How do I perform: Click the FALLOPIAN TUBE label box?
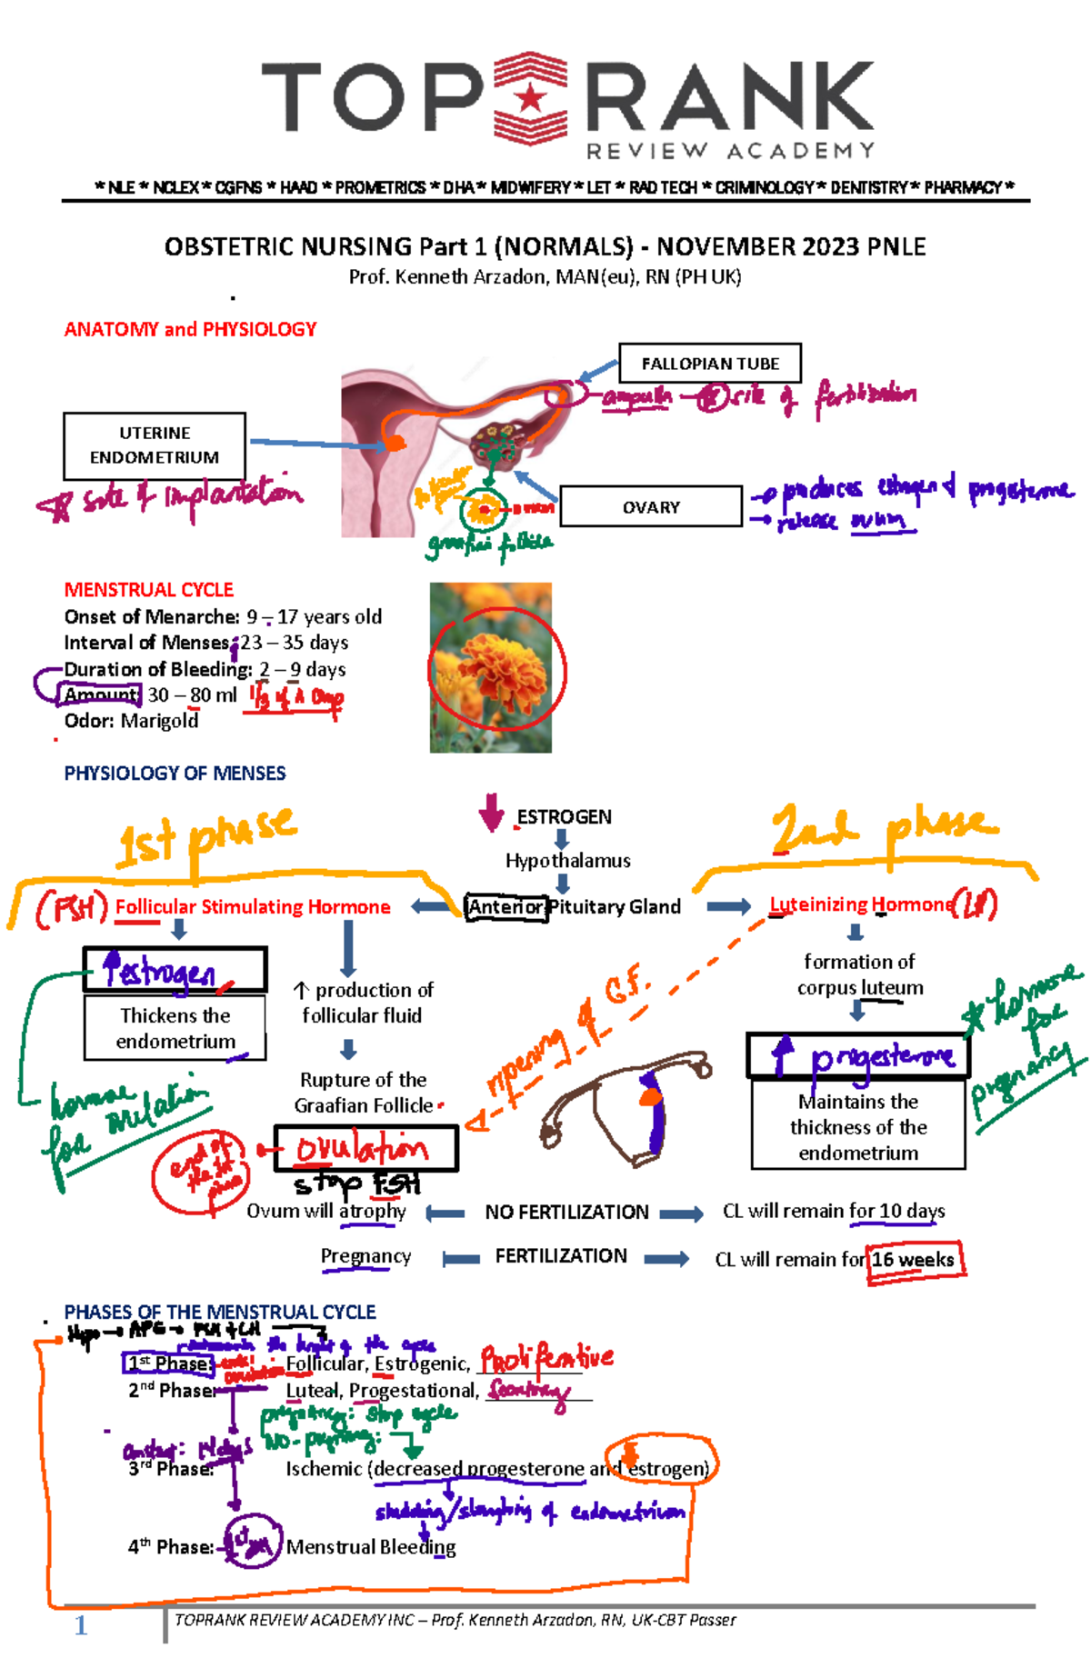click(x=709, y=364)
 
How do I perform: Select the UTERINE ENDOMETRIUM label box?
click(x=155, y=445)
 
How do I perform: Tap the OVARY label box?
click(x=651, y=507)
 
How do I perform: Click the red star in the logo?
click(x=530, y=97)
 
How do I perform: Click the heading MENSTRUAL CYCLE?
click(x=148, y=589)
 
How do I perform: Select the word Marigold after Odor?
click(x=160, y=721)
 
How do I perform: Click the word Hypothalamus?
click(x=567, y=860)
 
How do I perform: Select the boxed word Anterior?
click(x=506, y=907)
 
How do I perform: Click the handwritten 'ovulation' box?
click(x=365, y=1149)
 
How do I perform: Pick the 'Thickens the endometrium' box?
click(x=175, y=1028)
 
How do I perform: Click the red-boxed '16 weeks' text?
click(x=914, y=1260)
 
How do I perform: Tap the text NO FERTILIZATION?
click(x=566, y=1213)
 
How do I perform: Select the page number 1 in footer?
click(x=81, y=1626)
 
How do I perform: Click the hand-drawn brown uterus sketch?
click(x=627, y=1104)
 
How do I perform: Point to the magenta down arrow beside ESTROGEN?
click(x=491, y=812)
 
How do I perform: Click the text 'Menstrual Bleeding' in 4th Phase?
click(x=371, y=1547)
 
